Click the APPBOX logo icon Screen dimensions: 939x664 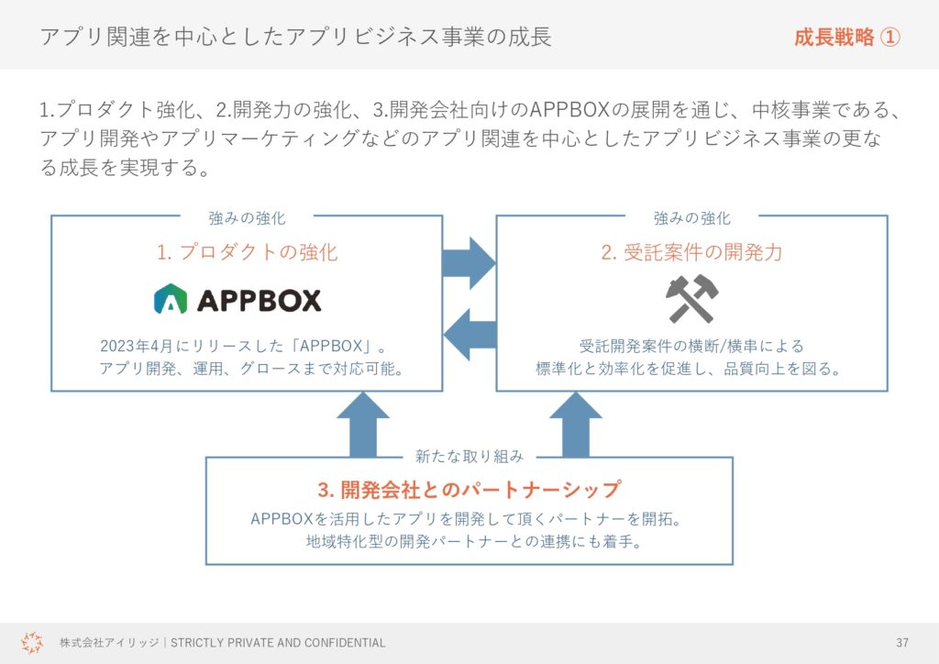click(171, 299)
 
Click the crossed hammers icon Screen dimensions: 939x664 click(691, 299)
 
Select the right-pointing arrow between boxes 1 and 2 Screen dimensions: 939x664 click(469, 263)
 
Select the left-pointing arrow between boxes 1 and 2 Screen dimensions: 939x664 click(469, 335)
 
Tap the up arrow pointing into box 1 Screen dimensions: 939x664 click(363, 425)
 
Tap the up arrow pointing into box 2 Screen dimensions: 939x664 click(576, 425)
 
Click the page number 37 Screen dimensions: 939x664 click(902, 642)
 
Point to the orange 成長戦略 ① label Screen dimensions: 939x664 click(846, 37)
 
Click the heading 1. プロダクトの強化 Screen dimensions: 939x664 click(248, 252)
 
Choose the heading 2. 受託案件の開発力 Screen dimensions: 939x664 click(691, 252)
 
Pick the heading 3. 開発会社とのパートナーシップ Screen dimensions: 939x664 click(469, 489)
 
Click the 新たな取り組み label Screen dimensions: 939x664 click(469, 456)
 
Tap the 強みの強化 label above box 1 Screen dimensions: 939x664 click(247, 218)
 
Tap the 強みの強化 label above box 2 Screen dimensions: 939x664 click(691, 218)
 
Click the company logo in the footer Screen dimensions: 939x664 click(32, 642)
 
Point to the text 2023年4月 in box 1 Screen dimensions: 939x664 click(136, 346)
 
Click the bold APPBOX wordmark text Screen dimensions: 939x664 click(260, 300)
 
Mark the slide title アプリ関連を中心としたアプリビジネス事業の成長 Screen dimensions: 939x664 click(296, 37)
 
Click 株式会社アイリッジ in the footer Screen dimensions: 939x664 click(109, 642)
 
